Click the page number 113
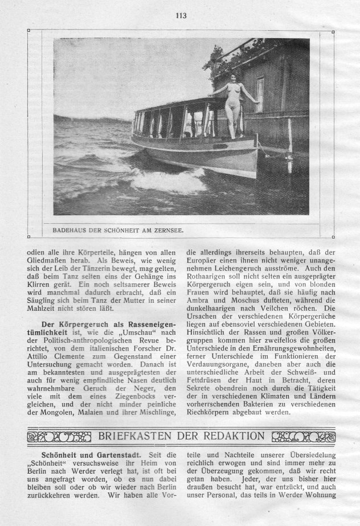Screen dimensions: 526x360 point(181,15)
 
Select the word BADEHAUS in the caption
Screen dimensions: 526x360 point(68,232)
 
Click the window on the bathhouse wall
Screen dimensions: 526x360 point(260,93)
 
